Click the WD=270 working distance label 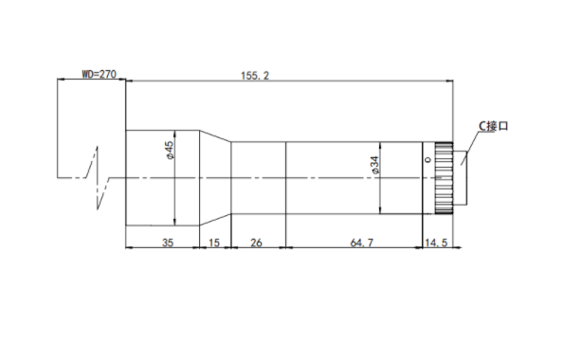click(x=100, y=74)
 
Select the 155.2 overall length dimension click(x=255, y=76)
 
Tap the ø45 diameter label click(x=169, y=150)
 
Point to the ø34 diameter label click(x=373, y=165)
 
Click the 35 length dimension click(x=168, y=243)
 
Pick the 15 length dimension click(x=214, y=243)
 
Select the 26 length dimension click(x=256, y=243)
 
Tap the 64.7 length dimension click(x=361, y=243)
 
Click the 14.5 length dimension click(x=436, y=243)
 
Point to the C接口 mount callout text click(x=494, y=126)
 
